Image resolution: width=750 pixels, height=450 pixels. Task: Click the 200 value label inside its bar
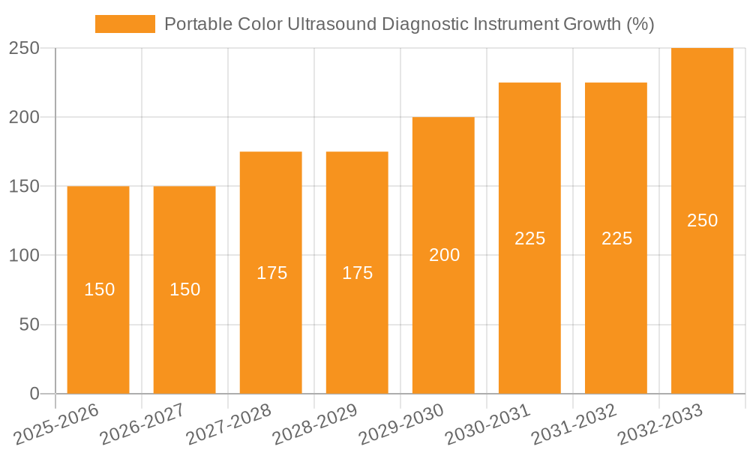pyautogui.click(x=445, y=255)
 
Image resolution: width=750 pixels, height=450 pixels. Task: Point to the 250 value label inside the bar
pyautogui.click(x=703, y=220)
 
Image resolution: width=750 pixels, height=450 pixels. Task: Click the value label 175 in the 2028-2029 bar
pyautogui.click(x=358, y=273)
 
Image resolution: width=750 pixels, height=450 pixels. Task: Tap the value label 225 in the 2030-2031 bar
pyautogui.click(x=530, y=238)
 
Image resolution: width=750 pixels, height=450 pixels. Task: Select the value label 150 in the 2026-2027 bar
pyautogui.click(x=185, y=289)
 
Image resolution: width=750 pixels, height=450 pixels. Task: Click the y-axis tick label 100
pyautogui.click(x=24, y=256)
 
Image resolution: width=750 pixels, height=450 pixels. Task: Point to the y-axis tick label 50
pyautogui.click(x=29, y=325)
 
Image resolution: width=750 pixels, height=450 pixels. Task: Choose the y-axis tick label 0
pyautogui.click(x=34, y=394)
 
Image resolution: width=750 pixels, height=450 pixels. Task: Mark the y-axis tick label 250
pyautogui.click(x=24, y=49)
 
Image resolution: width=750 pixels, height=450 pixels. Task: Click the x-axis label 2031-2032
pyautogui.click(x=574, y=424)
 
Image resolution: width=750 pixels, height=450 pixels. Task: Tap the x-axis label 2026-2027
pyautogui.click(x=142, y=424)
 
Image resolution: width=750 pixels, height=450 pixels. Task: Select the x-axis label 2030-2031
pyautogui.click(x=487, y=424)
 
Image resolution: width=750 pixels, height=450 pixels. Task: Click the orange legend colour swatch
pyautogui.click(x=124, y=24)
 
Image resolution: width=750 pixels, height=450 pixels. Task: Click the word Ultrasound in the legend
pyautogui.click(x=331, y=24)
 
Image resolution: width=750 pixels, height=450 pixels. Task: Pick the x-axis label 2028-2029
pyautogui.click(x=315, y=424)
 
